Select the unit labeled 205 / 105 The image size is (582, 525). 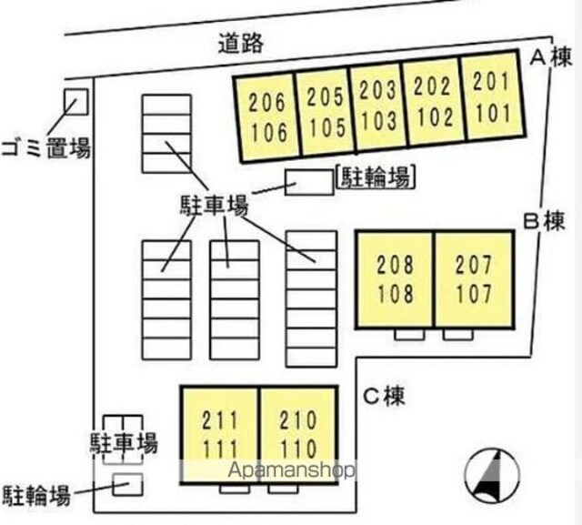click(x=324, y=111)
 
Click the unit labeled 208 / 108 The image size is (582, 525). click(x=395, y=279)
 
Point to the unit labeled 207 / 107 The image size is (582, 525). click(x=473, y=279)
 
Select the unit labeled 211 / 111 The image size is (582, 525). click(x=220, y=434)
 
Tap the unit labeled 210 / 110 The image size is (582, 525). click(x=298, y=434)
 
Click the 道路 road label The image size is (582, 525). click(x=241, y=42)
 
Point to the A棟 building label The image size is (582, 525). click(x=551, y=58)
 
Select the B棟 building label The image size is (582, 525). click(x=545, y=221)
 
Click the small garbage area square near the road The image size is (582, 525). click(x=75, y=101)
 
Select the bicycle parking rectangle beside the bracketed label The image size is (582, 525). click(x=309, y=182)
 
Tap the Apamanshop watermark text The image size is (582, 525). click(x=291, y=470)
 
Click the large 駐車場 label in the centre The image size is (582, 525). click(x=213, y=206)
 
